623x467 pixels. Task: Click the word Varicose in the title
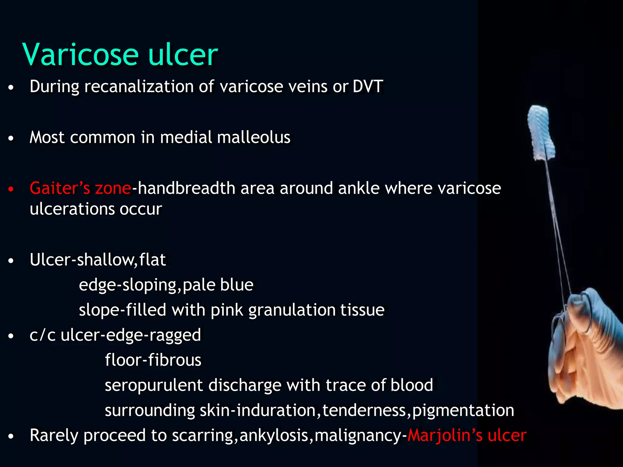click(x=80, y=55)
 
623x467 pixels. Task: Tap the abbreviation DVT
click(x=367, y=86)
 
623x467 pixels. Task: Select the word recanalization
click(x=139, y=86)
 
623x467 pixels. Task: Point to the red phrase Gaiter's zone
click(x=80, y=188)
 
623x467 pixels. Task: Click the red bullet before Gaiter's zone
click(x=11, y=189)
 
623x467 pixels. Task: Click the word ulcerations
click(x=72, y=209)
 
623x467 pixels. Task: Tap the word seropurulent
click(x=154, y=386)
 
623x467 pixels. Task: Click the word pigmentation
click(x=463, y=410)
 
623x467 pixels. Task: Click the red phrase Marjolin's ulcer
click(x=467, y=435)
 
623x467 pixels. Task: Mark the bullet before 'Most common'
click(x=11, y=139)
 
